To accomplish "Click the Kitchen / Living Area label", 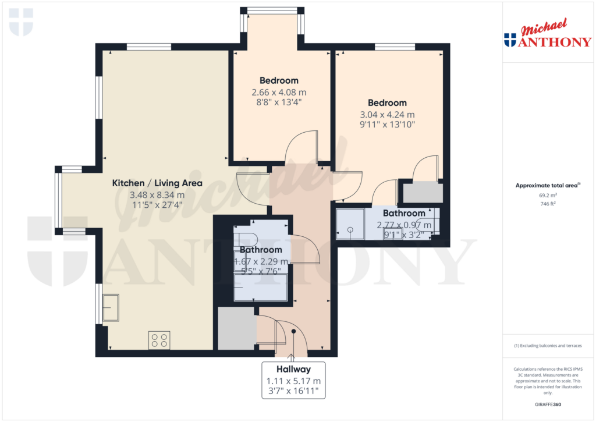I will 157,183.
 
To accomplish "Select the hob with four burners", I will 159,339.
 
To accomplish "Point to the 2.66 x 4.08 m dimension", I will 279,92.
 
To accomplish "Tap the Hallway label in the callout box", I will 294,369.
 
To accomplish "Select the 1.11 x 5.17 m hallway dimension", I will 294,381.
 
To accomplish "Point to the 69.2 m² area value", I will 547,196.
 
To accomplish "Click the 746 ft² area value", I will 547,204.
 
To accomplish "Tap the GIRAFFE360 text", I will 547,405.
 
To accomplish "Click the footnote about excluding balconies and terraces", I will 547,346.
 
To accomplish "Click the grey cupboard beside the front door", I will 236,329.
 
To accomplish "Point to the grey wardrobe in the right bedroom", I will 423,192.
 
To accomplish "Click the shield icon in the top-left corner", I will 21,22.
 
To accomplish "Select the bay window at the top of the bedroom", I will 272,10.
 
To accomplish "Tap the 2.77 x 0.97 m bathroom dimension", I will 404,225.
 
